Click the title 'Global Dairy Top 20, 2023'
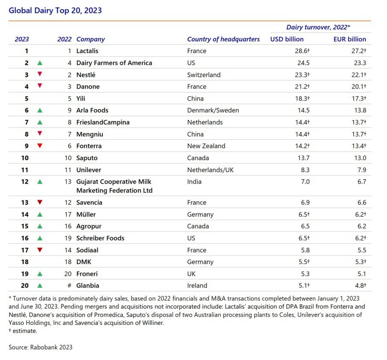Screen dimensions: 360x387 pos(55,10)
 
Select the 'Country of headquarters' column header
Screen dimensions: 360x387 pos(223,39)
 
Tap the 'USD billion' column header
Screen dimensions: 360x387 pos(287,39)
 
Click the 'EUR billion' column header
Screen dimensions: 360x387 pos(350,39)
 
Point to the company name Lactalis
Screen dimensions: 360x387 pos(87,51)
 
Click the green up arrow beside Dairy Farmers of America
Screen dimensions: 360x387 pos(40,63)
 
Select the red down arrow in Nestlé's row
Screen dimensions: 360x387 pos(40,74)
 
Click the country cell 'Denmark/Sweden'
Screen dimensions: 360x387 pos(213,110)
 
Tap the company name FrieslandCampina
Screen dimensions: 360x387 pos(103,122)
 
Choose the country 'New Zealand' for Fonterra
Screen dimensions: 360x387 pos(206,146)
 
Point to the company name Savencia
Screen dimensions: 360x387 pos(89,202)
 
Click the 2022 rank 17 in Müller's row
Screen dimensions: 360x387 pos(68,214)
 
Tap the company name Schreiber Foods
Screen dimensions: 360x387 pos(100,238)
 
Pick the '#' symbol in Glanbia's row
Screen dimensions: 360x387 pos(69,286)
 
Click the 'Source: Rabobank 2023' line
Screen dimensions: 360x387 pos(41,347)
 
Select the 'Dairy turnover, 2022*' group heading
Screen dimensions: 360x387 pos(318,27)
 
